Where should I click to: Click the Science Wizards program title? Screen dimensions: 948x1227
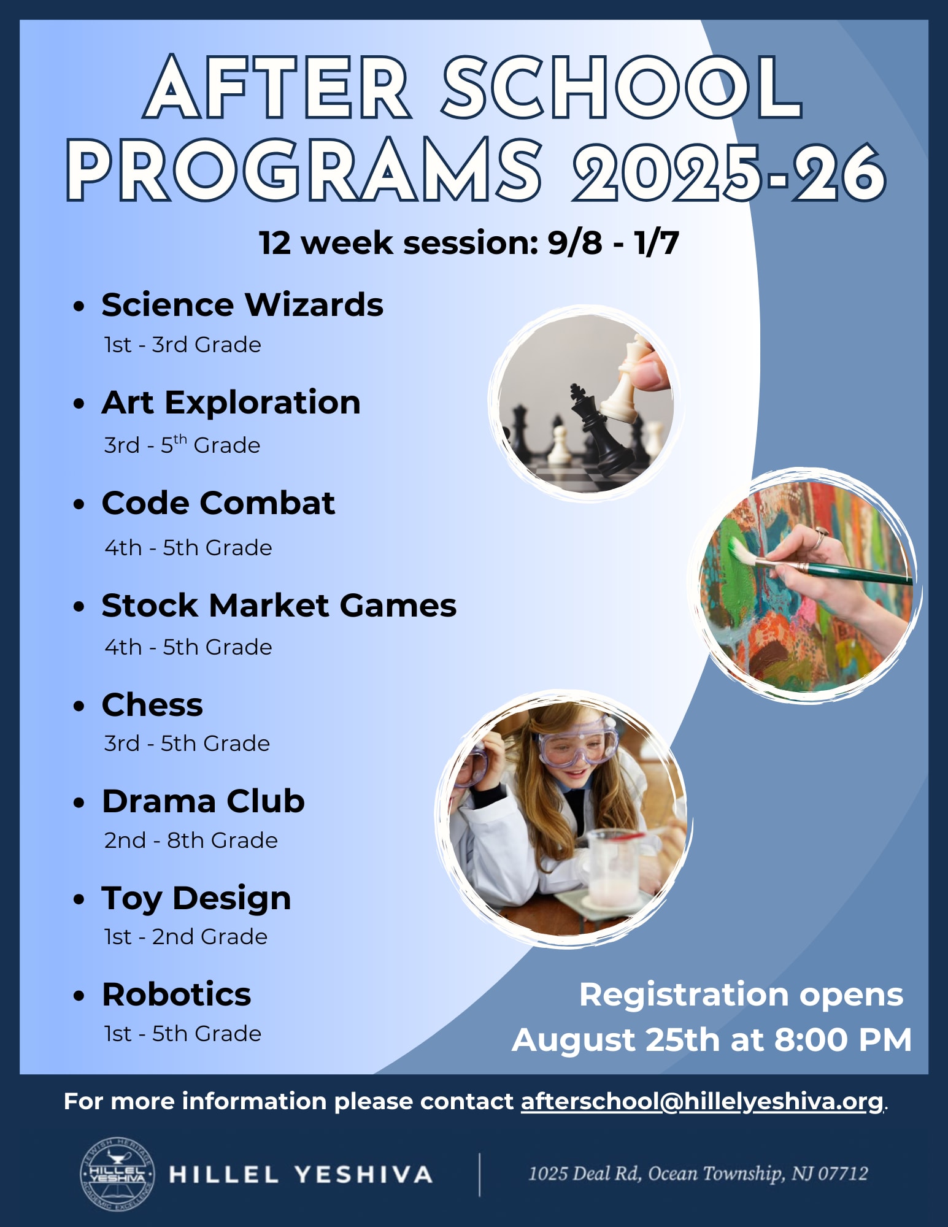pyautogui.click(x=242, y=305)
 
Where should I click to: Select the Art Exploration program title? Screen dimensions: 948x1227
pyautogui.click(x=231, y=403)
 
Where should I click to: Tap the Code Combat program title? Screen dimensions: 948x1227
pyautogui.click(x=218, y=503)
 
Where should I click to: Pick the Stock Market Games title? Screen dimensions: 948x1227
pyautogui.click(x=279, y=606)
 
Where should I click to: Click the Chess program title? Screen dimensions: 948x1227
pyautogui.click(x=152, y=705)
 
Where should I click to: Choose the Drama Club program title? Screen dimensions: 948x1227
pyautogui.click(x=203, y=801)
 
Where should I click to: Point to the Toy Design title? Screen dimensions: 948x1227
pyautogui.click(x=196, y=899)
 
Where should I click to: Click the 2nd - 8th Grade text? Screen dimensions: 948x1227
pyautogui.click(x=191, y=840)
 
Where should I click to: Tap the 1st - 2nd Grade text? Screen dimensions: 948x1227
pyautogui.click(x=186, y=937)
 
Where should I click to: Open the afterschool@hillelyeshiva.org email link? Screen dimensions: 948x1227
pyautogui.click(x=702, y=1102)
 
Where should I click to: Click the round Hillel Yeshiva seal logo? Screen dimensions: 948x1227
pyautogui.click(x=117, y=1174)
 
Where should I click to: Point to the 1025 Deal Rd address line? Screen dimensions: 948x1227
pyautogui.click(x=698, y=1174)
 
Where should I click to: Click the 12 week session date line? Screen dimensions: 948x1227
pyautogui.click(x=469, y=243)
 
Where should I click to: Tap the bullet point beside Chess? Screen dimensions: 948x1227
pyautogui.click(x=78, y=707)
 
